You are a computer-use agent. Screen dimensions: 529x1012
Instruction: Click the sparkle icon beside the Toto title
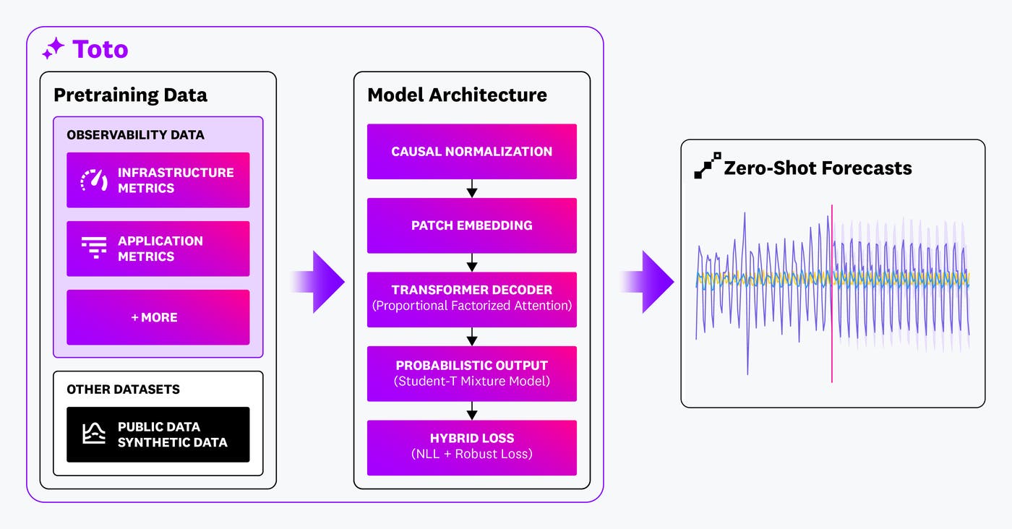click(x=53, y=49)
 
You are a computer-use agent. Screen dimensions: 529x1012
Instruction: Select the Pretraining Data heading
click(x=130, y=95)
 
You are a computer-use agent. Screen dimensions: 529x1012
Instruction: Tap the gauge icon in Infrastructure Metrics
click(x=94, y=180)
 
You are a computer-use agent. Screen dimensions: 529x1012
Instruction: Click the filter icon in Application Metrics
click(x=94, y=249)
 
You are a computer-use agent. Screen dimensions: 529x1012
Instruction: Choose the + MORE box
click(x=158, y=317)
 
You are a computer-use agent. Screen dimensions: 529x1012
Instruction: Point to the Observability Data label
click(x=135, y=135)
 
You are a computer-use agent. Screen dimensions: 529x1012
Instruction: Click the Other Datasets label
click(x=123, y=390)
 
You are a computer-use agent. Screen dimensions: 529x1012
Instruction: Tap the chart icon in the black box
click(x=94, y=434)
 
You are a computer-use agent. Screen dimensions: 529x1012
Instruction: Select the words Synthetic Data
click(x=172, y=442)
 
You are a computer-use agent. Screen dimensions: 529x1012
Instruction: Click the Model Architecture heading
click(x=457, y=95)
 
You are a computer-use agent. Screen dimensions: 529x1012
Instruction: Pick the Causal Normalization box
click(x=471, y=152)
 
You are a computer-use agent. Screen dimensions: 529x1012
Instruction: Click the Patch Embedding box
click(x=471, y=225)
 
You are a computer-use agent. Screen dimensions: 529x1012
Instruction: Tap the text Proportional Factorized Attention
click(x=471, y=306)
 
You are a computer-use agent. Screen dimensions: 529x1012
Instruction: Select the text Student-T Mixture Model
click(x=471, y=381)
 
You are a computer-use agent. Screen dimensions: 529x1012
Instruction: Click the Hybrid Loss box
click(x=471, y=447)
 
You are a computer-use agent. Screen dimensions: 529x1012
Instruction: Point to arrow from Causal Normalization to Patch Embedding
click(x=472, y=189)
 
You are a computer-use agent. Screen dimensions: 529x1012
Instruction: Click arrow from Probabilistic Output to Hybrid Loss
click(x=472, y=410)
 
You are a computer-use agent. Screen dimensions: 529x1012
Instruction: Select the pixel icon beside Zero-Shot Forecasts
click(x=707, y=165)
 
